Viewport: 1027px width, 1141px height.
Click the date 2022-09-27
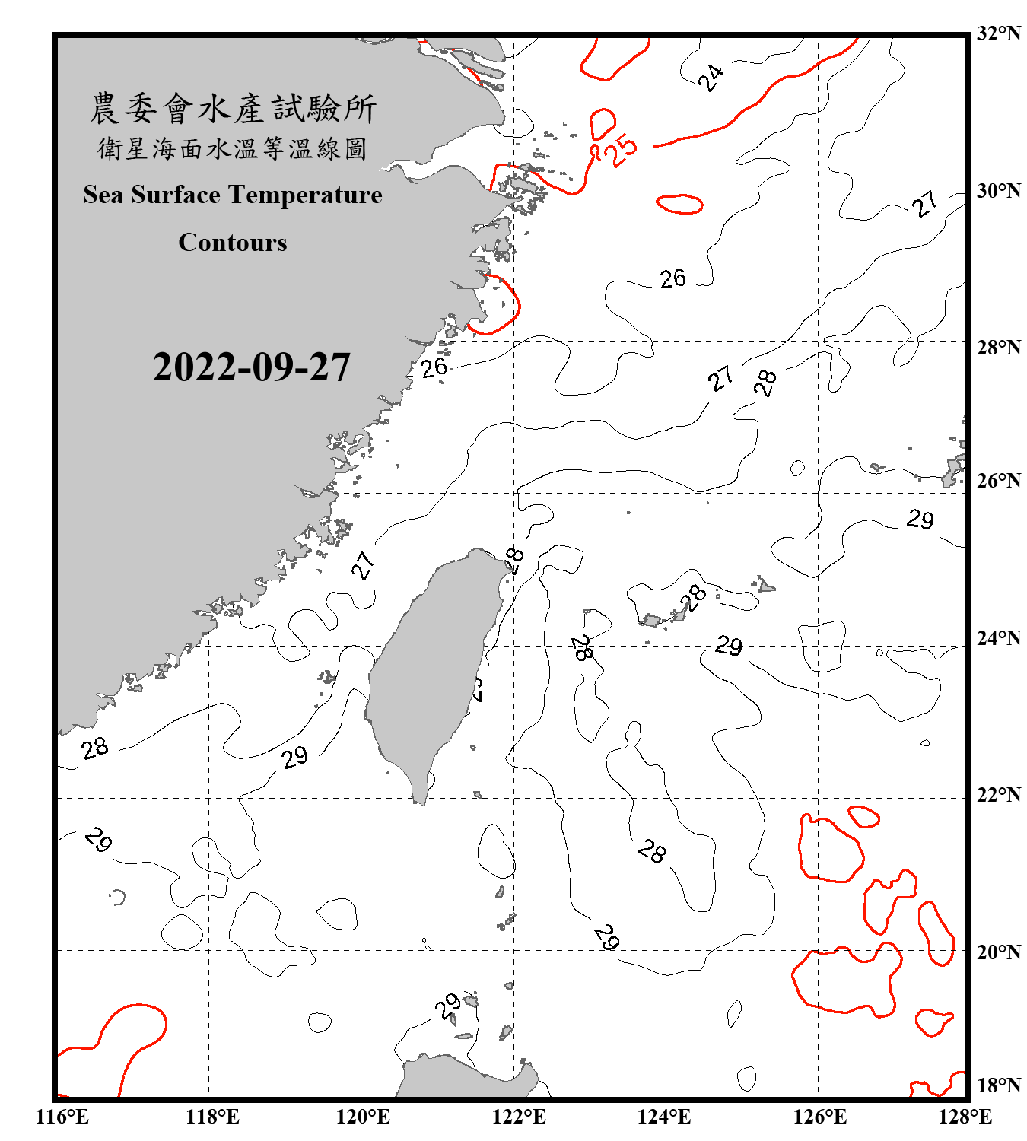(251, 367)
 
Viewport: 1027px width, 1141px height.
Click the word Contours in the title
(233, 243)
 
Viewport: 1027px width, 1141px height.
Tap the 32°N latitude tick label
(998, 33)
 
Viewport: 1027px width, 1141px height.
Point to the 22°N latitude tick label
(998, 795)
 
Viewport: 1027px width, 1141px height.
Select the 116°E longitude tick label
(62, 1117)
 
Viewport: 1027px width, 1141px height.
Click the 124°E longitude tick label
(664, 1117)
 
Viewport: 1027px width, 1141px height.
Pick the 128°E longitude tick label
(965, 1117)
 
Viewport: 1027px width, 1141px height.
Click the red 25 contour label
(622, 149)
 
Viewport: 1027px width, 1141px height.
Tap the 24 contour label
(711, 78)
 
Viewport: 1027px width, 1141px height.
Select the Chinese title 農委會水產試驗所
(233, 109)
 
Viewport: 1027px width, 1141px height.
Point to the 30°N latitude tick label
(998, 190)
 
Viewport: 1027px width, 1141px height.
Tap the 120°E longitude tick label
(363, 1117)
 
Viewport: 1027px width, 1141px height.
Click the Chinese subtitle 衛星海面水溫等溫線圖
(233, 149)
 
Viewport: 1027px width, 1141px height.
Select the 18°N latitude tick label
(998, 1085)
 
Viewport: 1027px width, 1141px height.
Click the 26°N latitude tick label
(998, 481)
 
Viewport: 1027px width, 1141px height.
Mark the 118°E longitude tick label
(212, 1117)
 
